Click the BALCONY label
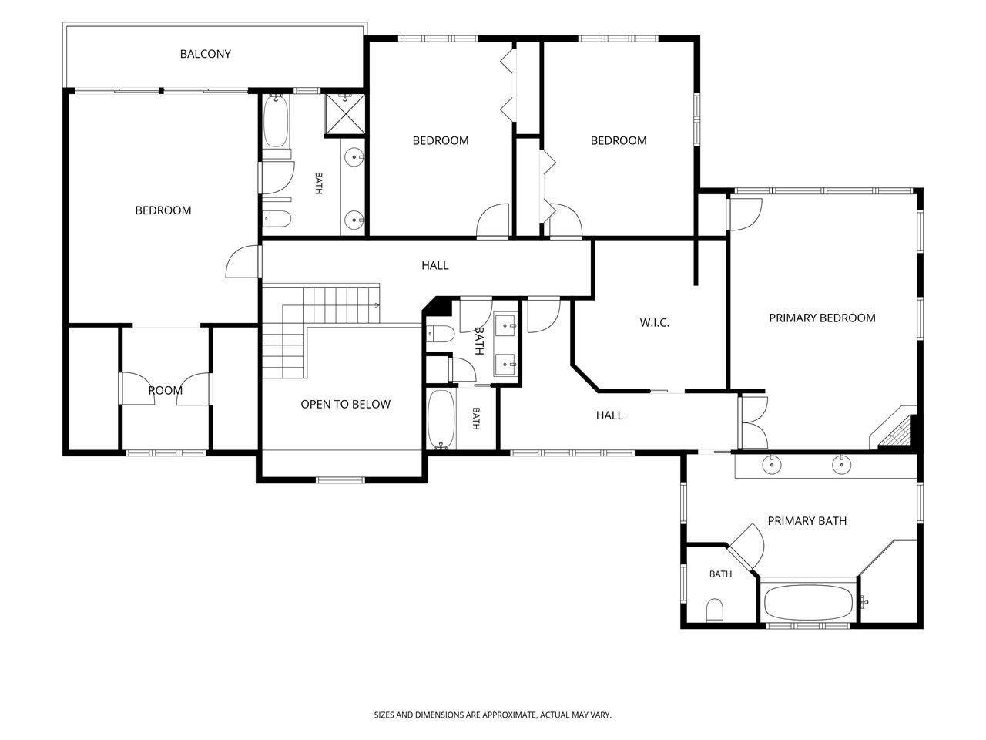205,54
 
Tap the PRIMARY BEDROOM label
822,318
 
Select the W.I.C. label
655,323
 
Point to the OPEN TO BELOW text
345,405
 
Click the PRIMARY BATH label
807,521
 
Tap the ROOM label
166,391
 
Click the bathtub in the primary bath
808,602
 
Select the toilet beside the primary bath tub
714,610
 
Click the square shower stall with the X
345,113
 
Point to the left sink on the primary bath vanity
772,465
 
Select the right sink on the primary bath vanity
841,465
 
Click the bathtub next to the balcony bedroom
274,121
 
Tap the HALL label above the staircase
434,265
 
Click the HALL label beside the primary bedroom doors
609,415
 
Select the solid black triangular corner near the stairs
440,306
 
